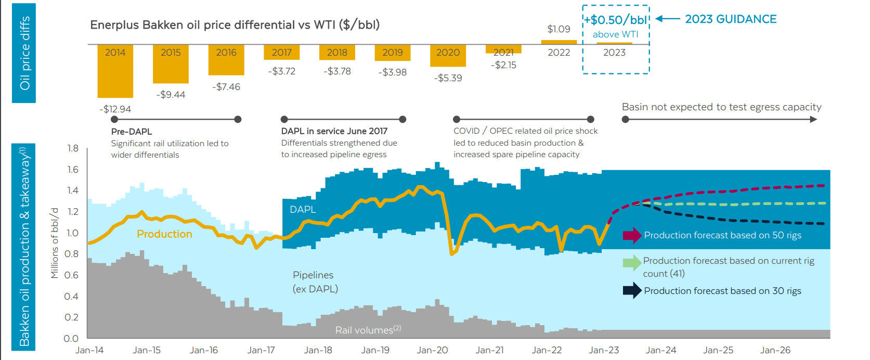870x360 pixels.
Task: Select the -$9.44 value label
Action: click(x=171, y=95)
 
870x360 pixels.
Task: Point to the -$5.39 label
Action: click(x=448, y=78)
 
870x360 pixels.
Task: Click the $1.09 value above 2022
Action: click(x=559, y=29)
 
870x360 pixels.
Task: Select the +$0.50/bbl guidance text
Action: click(x=616, y=20)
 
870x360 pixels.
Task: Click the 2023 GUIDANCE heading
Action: click(x=730, y=19)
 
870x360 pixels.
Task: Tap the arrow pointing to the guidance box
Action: click(x=668, y=19)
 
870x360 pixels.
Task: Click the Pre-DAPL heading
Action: click(x=132, y=132)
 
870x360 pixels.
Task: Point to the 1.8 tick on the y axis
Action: click(x=73, y=148)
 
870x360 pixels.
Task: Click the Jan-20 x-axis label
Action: click(x=432, y=350)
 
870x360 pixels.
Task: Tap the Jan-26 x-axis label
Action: click(x=775, y=350)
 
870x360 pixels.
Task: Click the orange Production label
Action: click(x=164, y=234)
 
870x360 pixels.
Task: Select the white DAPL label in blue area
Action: click(x=303, y=209)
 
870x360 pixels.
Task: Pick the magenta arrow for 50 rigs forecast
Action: click(x=632, y=235)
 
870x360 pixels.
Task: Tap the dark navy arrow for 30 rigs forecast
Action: click(x=632, y=291)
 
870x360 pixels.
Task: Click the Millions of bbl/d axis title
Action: click(x=55, y=243)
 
